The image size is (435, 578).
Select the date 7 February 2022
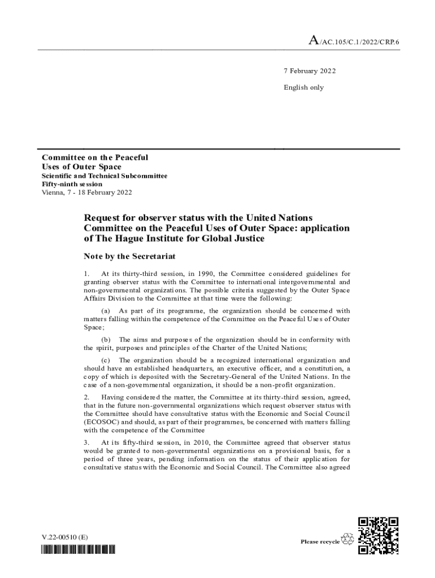click(310, 71)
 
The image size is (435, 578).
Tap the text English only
click(303, 87)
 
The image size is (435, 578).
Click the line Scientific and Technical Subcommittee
click(105, 176)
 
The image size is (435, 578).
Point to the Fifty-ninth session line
click(72, 184)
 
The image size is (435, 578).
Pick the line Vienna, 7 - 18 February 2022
click(87, 192)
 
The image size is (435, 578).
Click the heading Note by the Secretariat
click(130, 256)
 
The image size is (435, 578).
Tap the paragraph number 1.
click(86, 274)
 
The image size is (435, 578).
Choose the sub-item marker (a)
click(106, 310)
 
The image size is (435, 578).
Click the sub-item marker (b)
click(106, 339)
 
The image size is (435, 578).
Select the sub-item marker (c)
click(106, 360)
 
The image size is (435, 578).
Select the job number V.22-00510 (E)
click(64, 537)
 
